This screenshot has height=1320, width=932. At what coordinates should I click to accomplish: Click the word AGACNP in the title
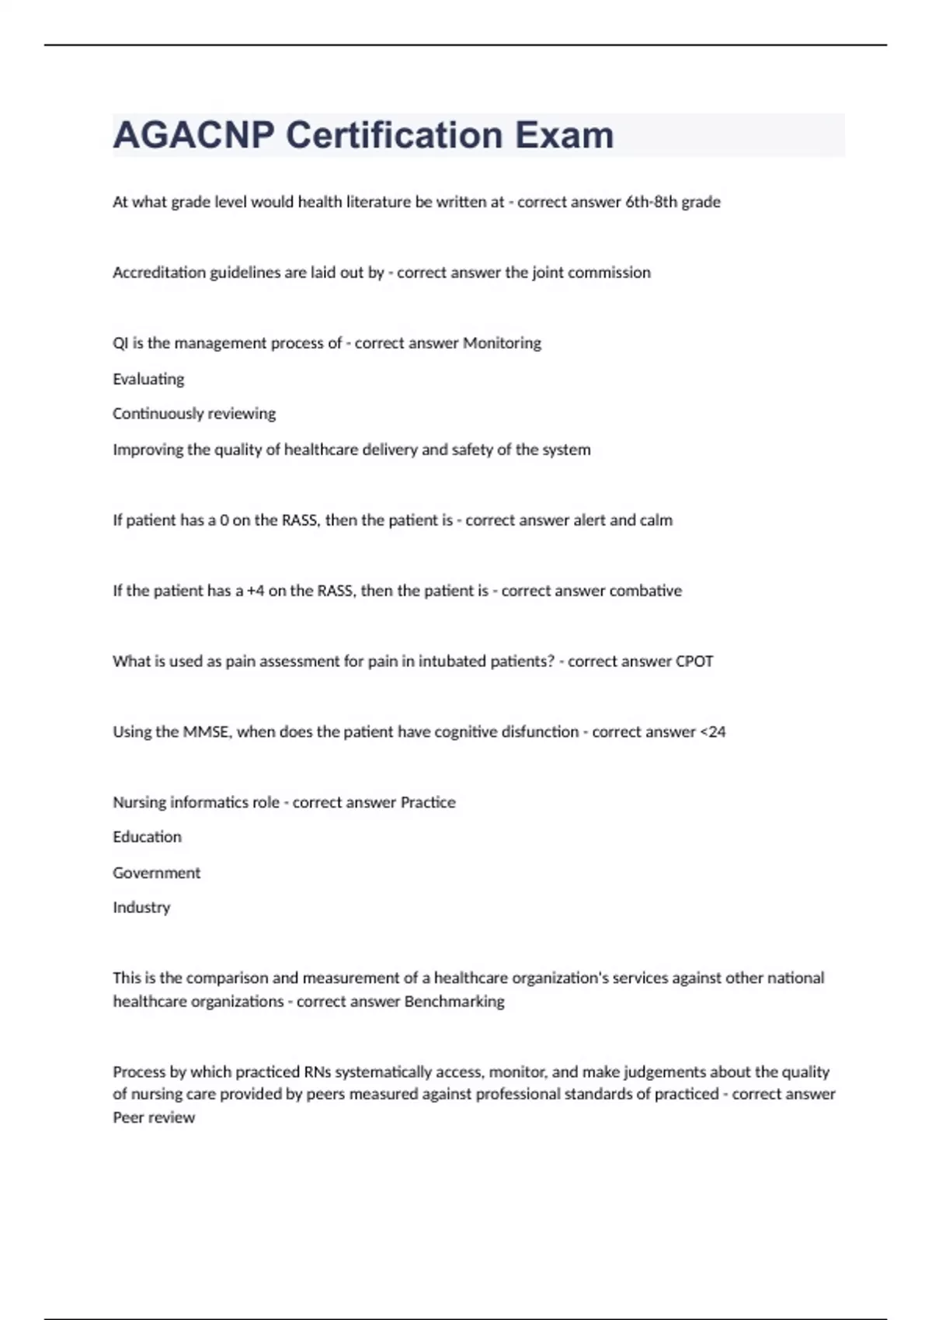[x=193, y=136]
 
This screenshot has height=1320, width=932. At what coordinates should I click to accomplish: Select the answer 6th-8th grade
[x=673, y=202]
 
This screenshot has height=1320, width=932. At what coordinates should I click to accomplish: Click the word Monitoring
[x=502, y=343]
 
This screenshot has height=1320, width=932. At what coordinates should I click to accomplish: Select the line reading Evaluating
[x=148, y=380]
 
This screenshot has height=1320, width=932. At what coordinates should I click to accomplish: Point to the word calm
[x=656, y=520]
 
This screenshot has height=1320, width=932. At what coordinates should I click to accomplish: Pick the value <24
[x=713, y=732]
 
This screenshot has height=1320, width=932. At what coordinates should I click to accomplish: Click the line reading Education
[x=147, y=837]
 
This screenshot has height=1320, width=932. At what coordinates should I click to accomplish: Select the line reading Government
[x=156, y=873]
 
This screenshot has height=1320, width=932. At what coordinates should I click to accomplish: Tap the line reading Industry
[x=141, y=908]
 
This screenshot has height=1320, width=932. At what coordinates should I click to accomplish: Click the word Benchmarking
[x=454, y=1002]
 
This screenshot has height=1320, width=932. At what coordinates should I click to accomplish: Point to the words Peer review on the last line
[x=154, y=1118]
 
